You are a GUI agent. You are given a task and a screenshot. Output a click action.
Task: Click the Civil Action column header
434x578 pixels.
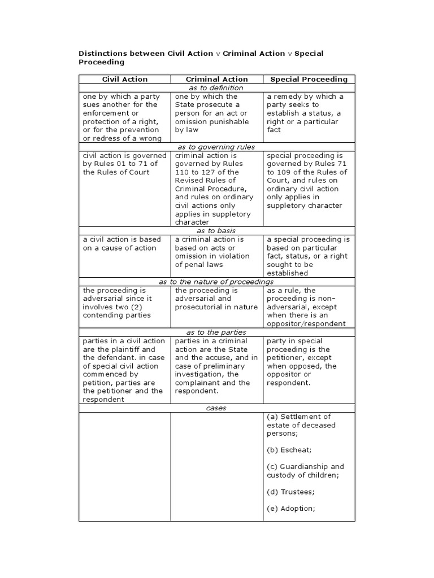[x=124, y=80]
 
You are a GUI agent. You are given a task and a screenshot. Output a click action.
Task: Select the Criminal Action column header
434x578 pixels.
[x=217, y=80]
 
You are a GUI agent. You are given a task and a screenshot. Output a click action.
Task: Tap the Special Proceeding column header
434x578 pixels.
[x=309, y=80]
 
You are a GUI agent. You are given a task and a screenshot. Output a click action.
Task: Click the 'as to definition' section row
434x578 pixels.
[x=216, y=88]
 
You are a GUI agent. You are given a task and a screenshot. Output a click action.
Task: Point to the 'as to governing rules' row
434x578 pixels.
[x=216, y=147]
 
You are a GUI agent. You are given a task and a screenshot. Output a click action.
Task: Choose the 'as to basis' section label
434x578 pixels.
[x=216, y=231]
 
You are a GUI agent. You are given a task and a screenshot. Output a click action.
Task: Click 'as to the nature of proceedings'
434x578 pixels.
[x=216, y=282]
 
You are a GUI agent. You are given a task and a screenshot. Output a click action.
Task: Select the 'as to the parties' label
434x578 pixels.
[x=216, y=332]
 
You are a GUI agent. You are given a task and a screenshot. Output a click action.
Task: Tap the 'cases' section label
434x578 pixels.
[x=216, y=408]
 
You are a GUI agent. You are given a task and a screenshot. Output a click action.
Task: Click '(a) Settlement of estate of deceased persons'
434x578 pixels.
[x=301, y=425]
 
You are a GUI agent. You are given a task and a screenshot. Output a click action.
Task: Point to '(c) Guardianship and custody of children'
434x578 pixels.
[x=305, y=471]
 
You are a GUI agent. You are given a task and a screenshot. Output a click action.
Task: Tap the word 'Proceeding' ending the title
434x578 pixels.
[x=101, y=62]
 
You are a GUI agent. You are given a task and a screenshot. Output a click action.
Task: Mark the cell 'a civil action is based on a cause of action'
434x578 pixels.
[x=124, y=244]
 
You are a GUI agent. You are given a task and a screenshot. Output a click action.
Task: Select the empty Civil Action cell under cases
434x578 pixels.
[x=124, y=466]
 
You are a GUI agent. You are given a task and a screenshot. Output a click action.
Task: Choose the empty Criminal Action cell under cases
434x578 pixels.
[x=217, y=466]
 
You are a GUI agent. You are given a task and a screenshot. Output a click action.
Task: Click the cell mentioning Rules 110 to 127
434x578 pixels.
[x=217, y=189]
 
